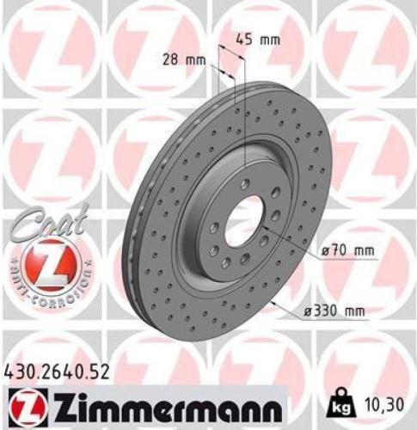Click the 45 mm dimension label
(x=257, y=39)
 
